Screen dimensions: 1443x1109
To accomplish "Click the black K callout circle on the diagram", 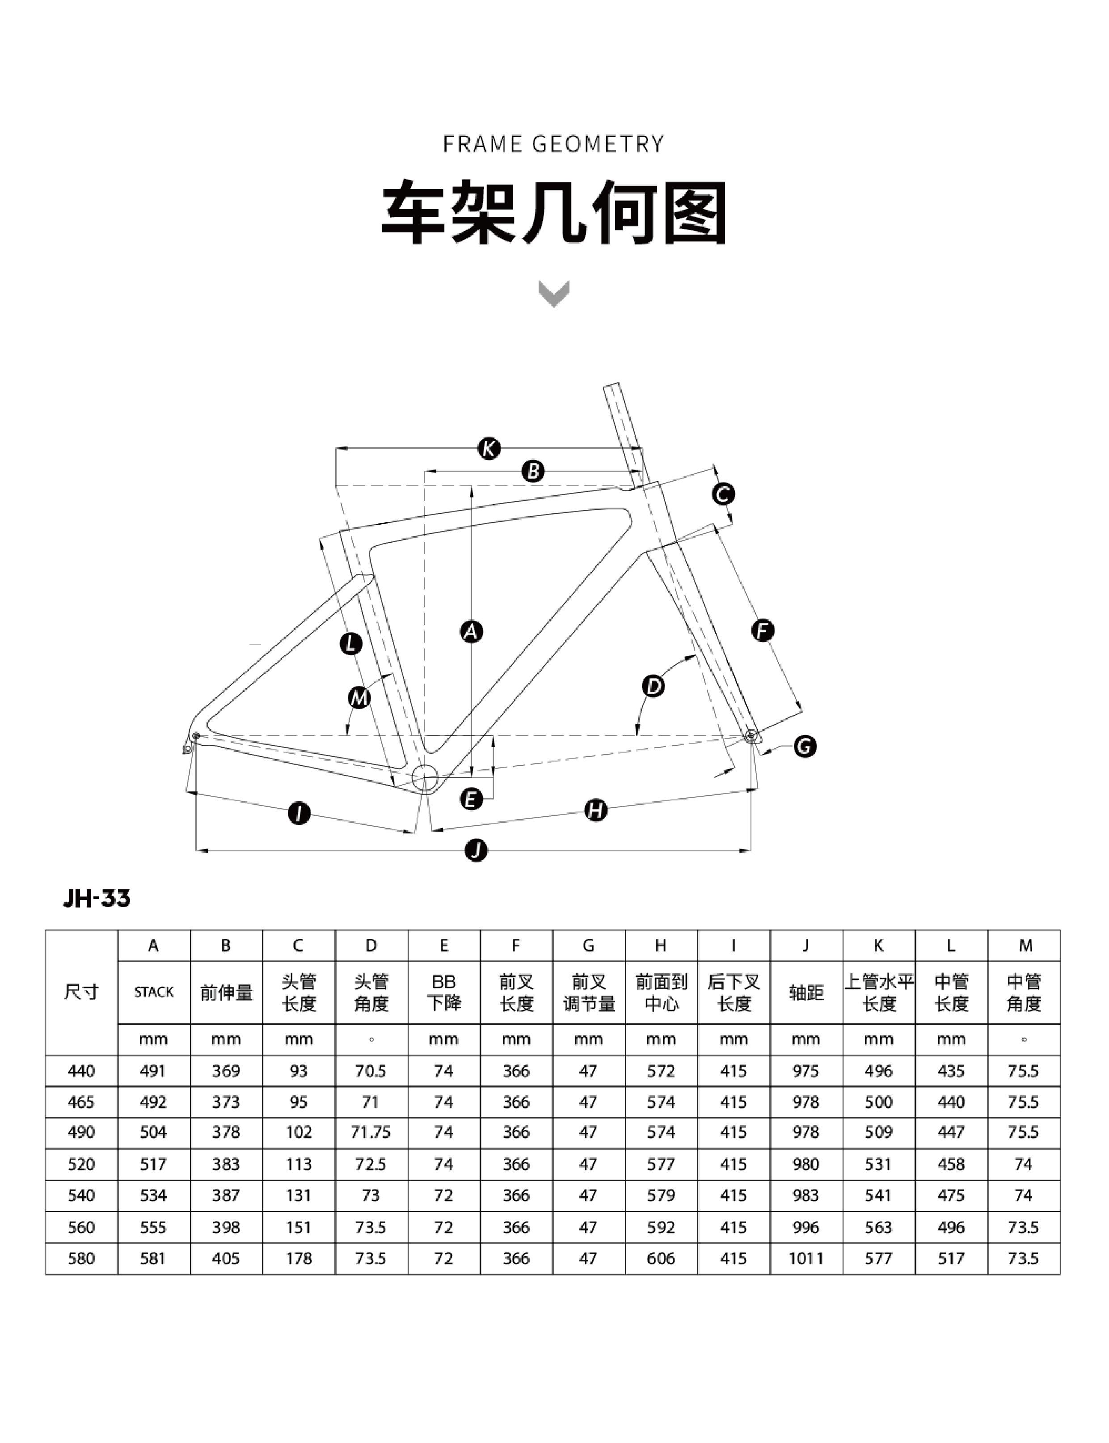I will point(489,449).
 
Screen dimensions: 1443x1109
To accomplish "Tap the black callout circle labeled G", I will point(805,746).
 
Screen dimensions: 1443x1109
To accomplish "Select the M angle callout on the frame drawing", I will point(359,698).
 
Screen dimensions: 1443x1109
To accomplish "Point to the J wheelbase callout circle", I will point(476,850).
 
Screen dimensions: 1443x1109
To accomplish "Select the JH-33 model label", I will point(97,899).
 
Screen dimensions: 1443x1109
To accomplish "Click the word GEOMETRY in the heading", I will point(598,144).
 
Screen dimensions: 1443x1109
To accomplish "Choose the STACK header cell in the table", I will point(154,992).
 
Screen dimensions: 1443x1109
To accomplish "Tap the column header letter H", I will point(661,946).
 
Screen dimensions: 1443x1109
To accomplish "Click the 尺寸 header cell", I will point(81,992).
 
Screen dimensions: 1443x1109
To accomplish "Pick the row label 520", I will point(81,1164).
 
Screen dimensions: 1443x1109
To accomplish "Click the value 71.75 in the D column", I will point(371,1132).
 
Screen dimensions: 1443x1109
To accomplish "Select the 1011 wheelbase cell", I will point(806,1258).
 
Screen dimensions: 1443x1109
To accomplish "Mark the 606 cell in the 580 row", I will point(661,1258).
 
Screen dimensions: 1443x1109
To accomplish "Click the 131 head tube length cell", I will point(299,1195).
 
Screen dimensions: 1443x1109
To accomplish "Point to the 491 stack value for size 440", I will point(153,1071).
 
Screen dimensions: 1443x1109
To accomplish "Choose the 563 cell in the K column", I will point(879,1227).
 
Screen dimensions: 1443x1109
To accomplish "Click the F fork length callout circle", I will point(763,631).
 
